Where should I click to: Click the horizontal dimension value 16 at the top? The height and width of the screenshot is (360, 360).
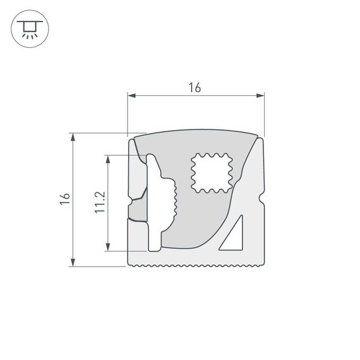pos(195,88)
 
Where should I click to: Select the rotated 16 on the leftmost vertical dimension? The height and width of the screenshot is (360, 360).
pos(63,199)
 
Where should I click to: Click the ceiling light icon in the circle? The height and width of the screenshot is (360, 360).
pos(28,28)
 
